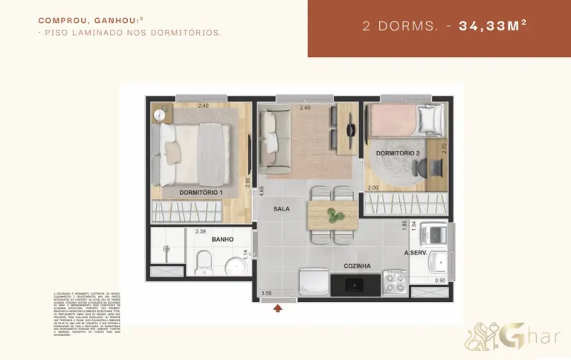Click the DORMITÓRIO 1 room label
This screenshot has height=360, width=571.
(201, 193)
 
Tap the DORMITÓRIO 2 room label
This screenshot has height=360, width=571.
(398, 152)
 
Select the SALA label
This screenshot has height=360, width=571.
(282, 208)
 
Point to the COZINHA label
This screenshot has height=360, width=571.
(357, 266)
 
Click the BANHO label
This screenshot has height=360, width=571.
(222, 240)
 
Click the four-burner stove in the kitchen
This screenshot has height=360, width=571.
(393, 282)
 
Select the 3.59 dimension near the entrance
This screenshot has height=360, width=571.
(266, 293)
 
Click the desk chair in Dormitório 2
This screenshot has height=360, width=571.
(428, 166)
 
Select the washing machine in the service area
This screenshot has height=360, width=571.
(433, 235)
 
